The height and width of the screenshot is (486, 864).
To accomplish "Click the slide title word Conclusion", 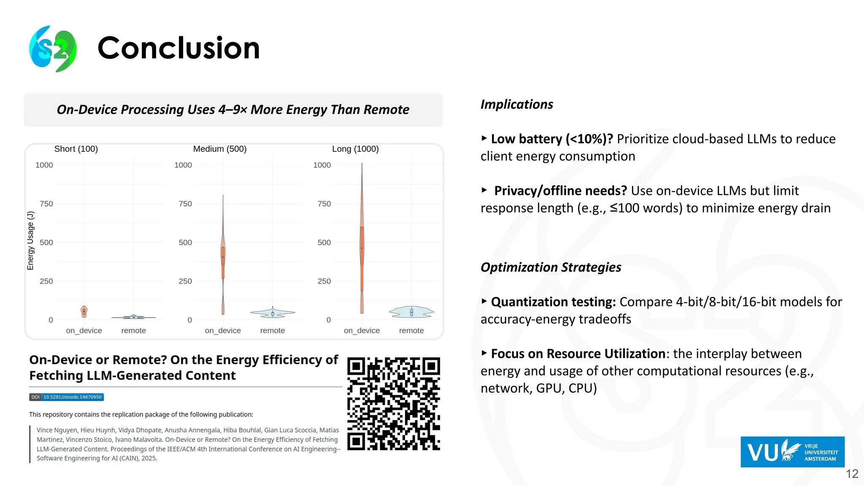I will click(178, 48).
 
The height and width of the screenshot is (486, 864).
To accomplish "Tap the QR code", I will click(394, 404).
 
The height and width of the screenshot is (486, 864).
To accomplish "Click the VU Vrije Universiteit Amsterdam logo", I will click(792, 452).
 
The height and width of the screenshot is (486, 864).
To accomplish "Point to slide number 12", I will click(852, 474).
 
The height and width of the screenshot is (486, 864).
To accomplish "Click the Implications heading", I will click(516, 104).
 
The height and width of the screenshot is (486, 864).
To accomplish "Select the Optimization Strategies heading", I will click(551, 267).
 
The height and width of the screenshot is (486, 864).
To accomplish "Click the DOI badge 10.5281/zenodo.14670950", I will click(67, 397).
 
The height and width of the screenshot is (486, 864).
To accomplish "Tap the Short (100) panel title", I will click(76, 149).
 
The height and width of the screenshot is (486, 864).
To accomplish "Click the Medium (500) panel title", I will click(220, 149).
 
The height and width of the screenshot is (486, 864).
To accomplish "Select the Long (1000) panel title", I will click(355, 149).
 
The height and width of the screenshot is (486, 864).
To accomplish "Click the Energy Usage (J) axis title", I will click(30, 240).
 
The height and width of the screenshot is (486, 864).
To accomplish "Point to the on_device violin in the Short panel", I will click(84, 311).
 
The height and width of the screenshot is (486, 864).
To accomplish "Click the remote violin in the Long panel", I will click(411, 312).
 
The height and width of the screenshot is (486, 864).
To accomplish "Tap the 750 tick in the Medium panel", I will click(185, 204).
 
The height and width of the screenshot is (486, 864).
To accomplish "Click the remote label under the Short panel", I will click(133, 331).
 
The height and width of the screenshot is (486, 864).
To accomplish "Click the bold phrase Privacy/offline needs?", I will click(560, 191).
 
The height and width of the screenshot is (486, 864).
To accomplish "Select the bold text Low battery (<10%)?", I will click(552, 139).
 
